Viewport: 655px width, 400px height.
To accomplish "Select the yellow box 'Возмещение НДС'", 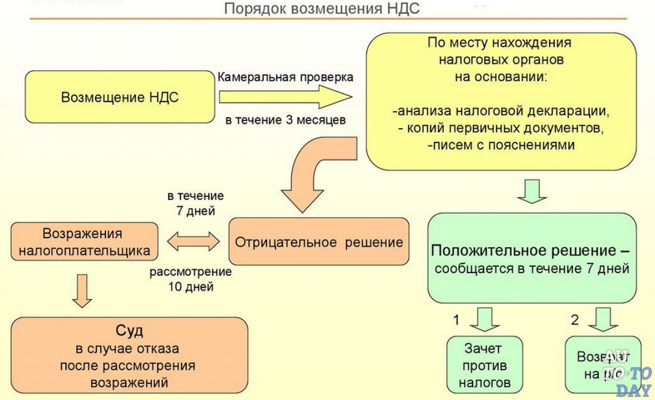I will coord(120,97).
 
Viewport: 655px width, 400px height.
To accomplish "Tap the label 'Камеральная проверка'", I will coord(286,77).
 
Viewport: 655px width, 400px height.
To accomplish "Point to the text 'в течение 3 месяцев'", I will coord(286,120).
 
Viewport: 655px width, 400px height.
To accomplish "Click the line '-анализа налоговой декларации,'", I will coord(501,111).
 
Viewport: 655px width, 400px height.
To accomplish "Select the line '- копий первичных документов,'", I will coord(501,128).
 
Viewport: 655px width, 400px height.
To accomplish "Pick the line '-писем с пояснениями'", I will coord(501,145).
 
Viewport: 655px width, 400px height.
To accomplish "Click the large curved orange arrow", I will coord(312,174).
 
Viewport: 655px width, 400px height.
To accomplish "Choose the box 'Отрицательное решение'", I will coord(319,242).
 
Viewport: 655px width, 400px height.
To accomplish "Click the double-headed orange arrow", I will coord(193,241).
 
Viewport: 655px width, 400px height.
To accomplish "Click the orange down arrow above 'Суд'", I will coord(82,290).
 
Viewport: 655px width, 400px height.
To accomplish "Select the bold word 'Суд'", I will coord(129,331).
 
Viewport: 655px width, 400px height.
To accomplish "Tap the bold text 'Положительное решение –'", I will coord(530,251).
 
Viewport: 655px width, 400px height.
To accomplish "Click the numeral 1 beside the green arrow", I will coord(456,321).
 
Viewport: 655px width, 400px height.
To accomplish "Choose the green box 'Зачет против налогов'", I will coord(485,365).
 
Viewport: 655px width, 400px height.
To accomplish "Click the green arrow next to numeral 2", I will coord(603,320).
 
